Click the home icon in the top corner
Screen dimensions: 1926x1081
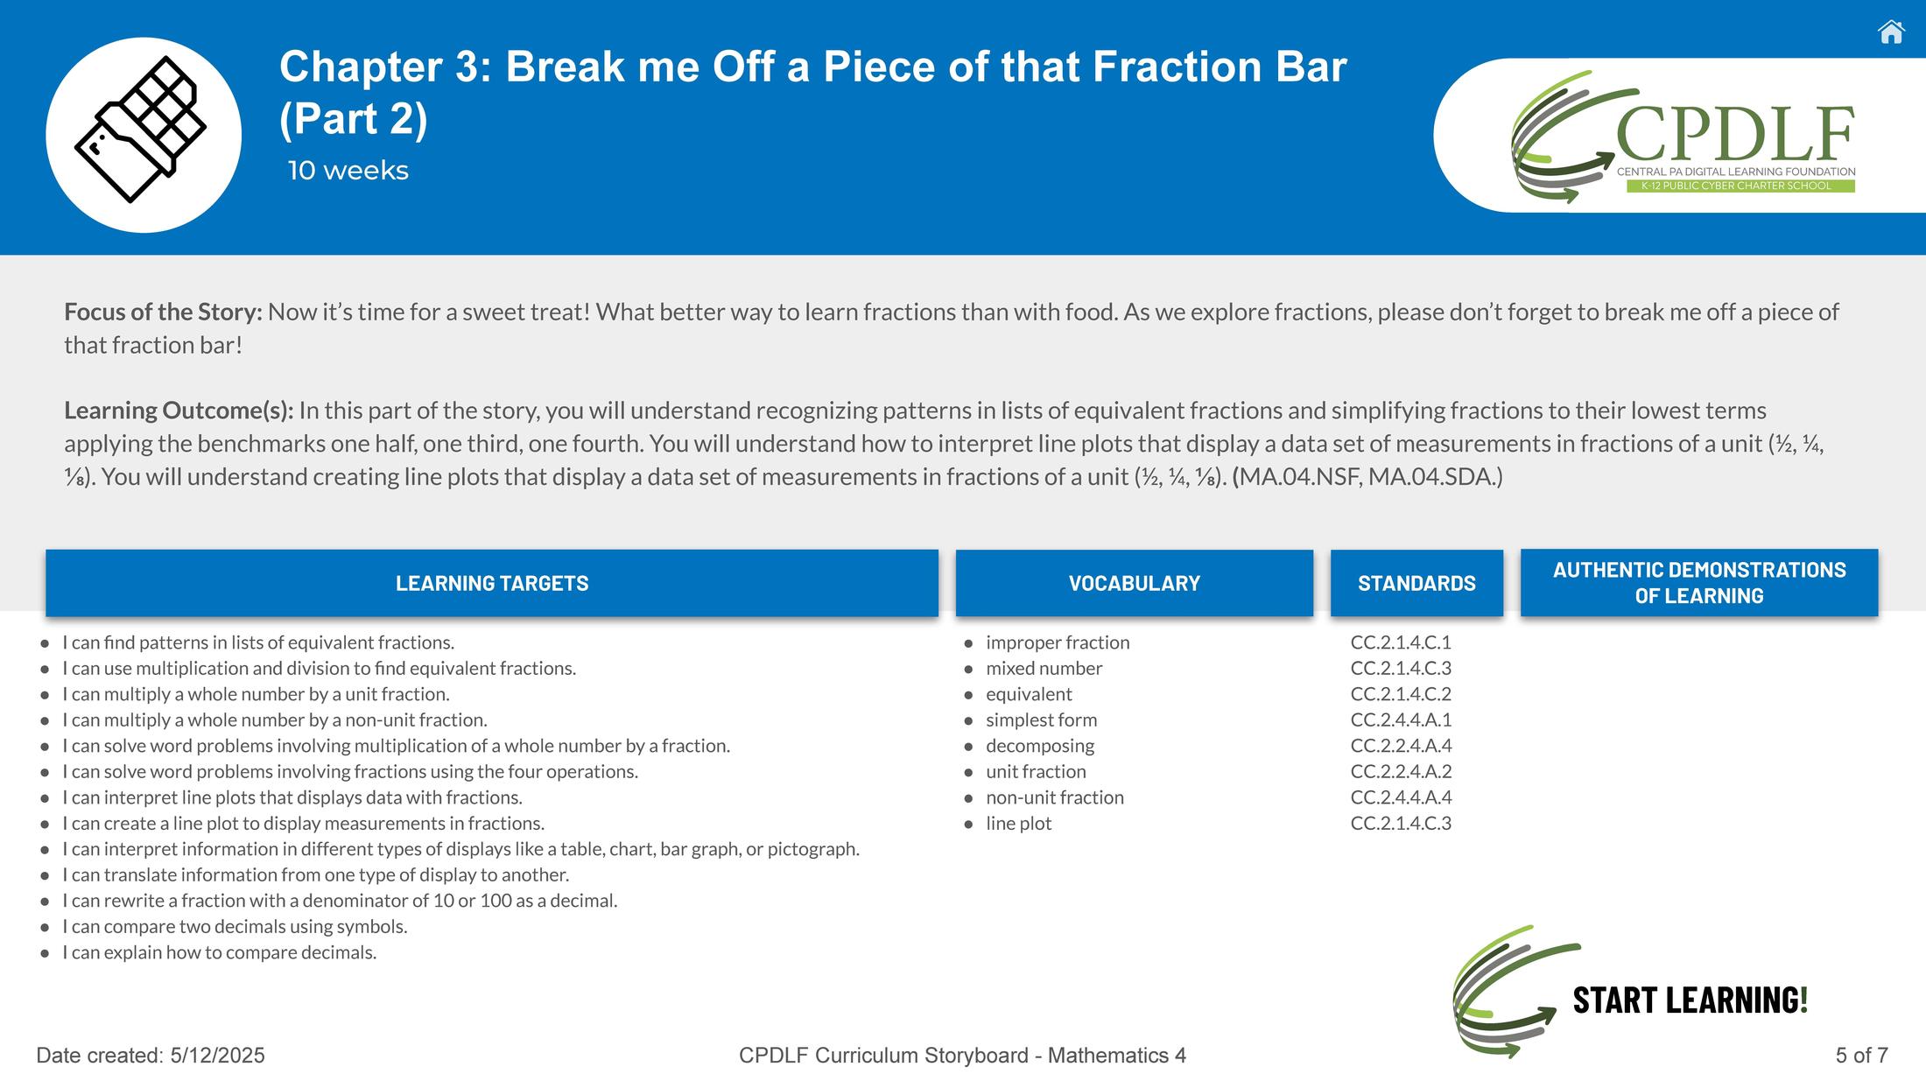(x=1891, y=32)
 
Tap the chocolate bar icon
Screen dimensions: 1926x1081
(x=141, y=130)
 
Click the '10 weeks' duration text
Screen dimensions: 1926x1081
(x=348, y=170)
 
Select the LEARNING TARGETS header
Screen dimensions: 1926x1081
(x=492, y=583)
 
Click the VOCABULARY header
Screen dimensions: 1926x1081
(x=1135, y=583)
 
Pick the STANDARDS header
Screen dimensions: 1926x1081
(x=1416, y=583)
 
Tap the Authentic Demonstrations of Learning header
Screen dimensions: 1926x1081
(x=1699, y=583)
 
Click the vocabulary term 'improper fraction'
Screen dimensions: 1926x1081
(x=1058, y=642)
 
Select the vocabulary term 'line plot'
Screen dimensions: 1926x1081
(x=1018, y=824)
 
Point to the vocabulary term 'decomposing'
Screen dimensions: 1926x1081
(x=1040, y=746)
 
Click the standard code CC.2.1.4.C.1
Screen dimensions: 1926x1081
(x=1401, y=642)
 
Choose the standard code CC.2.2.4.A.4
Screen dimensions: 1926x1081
(x=1401, y=746)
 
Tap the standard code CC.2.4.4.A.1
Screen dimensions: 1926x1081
(x=1401, y=719)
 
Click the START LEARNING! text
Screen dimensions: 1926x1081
(x=1690, y=1000)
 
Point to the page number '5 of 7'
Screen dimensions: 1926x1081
(x=1861, y=1056)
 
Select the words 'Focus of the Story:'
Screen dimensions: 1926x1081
(x=163, y=312)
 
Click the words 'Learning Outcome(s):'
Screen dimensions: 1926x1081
(x=179, y=411)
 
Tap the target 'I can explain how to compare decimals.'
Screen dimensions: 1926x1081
(x=219, y=952)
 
